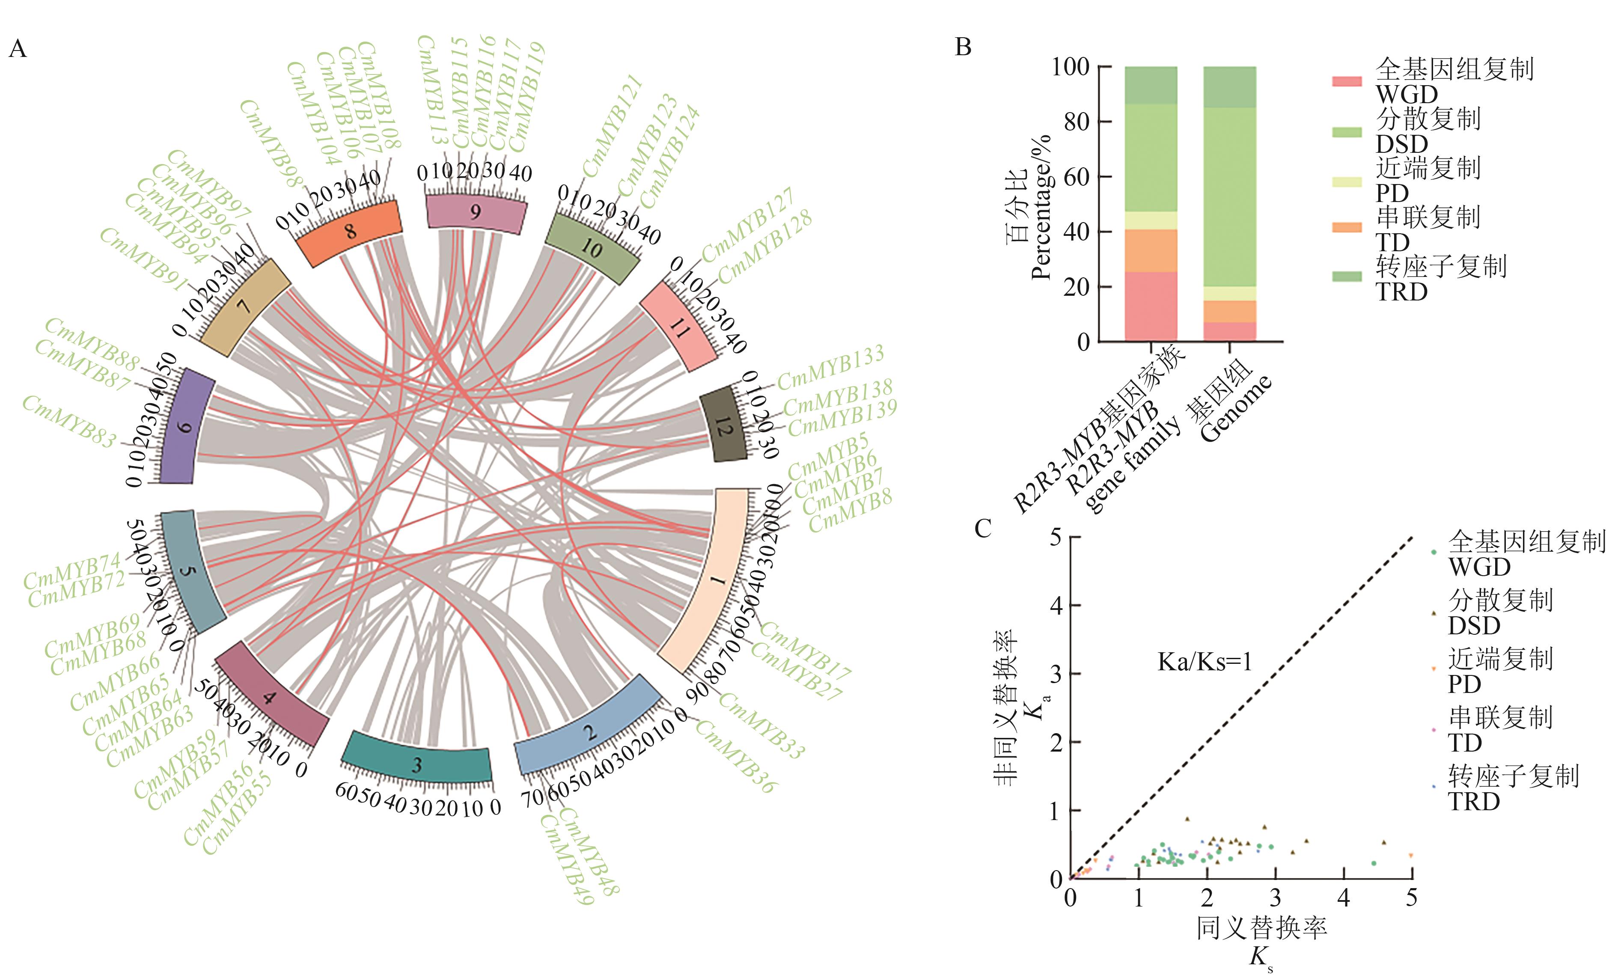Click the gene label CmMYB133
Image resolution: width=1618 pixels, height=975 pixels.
click(831, 368)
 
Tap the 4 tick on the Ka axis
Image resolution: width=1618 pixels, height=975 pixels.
click(1056, 605)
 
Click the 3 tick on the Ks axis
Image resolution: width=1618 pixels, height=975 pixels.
click(1275, 897)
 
